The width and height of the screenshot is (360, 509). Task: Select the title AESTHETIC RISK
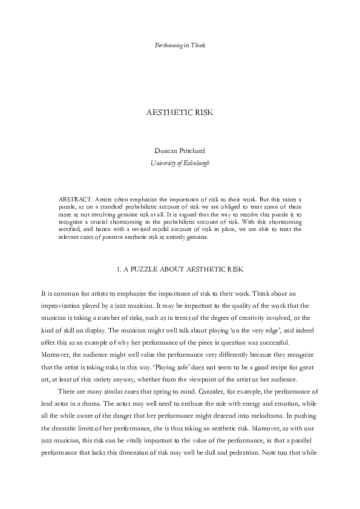click(180, 113)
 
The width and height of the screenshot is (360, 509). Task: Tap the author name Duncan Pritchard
click(180, 153)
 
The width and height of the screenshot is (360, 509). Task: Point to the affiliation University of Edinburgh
click(180, 163)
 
